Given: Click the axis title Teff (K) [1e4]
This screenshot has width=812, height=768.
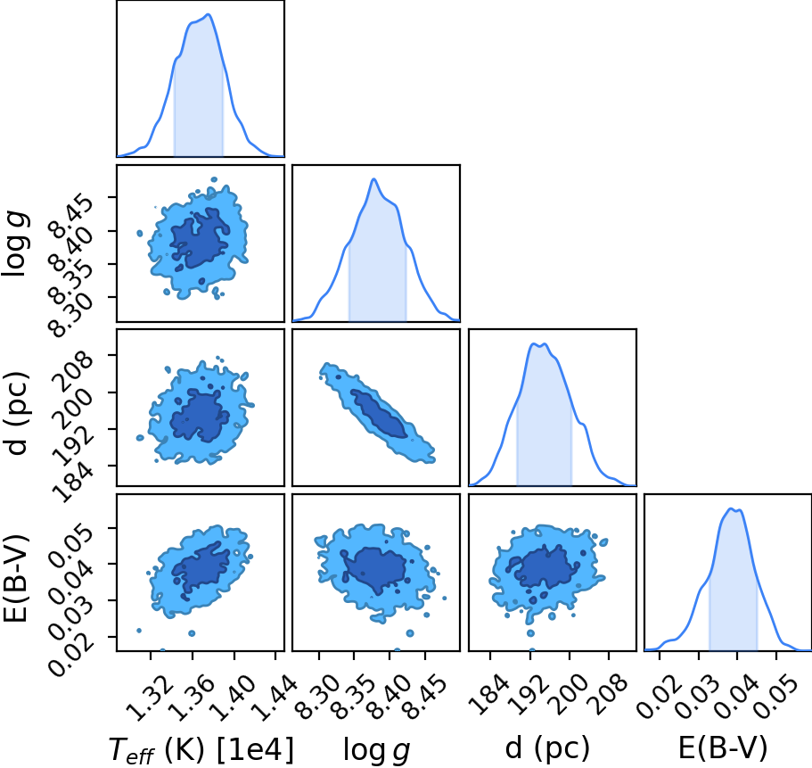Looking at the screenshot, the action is click(x=201, y=750).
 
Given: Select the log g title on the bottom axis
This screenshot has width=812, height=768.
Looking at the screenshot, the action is click(x=376, y=750).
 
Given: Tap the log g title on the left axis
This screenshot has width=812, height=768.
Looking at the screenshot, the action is click(x=15, y=244).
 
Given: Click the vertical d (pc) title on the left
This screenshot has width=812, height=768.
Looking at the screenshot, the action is click(x=17, y=413).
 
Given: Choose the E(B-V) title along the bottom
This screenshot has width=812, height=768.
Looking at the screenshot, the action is click(x=723, y=747).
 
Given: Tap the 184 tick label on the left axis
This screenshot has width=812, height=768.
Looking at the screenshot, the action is click(x=74, y=482).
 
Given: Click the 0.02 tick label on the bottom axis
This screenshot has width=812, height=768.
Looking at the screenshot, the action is click(x=660, y=696).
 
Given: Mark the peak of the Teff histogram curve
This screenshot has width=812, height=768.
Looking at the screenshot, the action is click(x=209, y=14).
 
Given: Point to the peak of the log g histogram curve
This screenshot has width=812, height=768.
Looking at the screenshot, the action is click(x=373, y=179).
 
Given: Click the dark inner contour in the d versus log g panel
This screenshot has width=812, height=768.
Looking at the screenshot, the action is click(x=379, y=414).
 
